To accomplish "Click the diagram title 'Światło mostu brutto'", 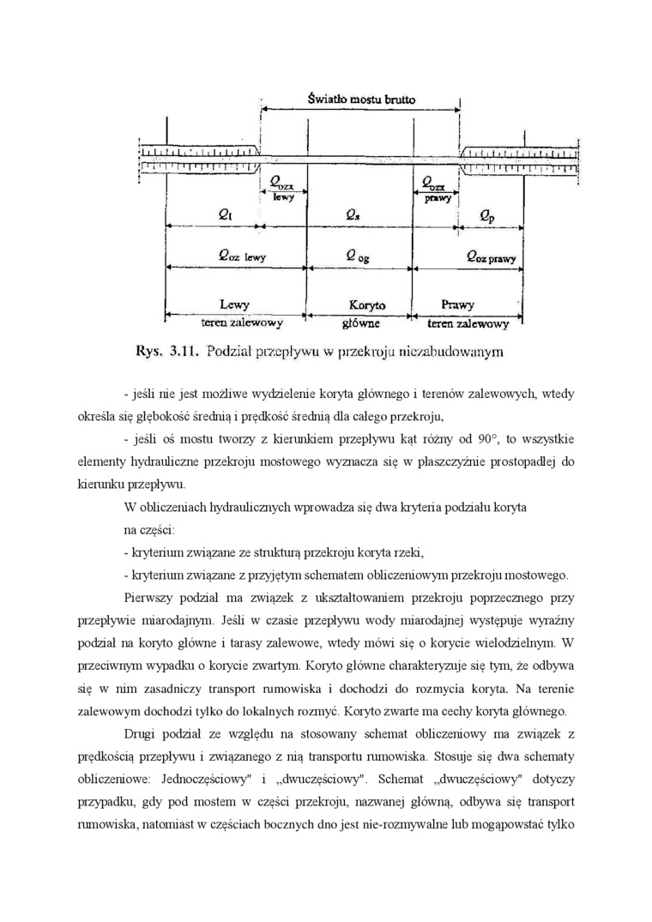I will click(361, 99).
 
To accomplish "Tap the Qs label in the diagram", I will click(353, 216).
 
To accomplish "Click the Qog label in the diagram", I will click(358, 256).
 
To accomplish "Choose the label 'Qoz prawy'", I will click(488, 256).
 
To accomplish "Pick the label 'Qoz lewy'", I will click(222, 256).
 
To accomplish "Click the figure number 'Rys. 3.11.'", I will click(167, 350).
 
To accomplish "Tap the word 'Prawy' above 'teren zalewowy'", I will click(457, 305).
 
